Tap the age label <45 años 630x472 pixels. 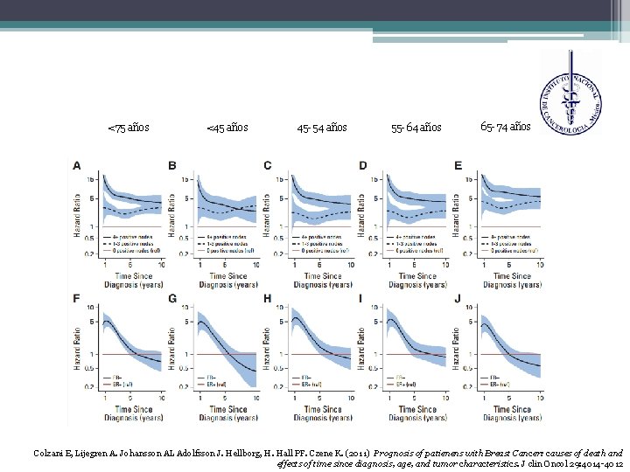coord(227,128)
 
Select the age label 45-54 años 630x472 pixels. coord(322,128)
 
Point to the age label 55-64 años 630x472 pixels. coord(416,128)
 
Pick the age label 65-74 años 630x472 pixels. coord(505,127)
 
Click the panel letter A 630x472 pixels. coord(77,164)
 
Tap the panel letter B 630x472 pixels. coord(171,164)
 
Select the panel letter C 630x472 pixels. coord(267,164)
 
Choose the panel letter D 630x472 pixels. coord(363,164)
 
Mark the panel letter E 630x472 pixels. coord(458,164)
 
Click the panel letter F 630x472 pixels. coord(77,300)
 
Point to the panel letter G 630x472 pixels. coord(172,300)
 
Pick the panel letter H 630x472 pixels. coord(267,300)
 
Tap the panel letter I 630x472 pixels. coord(362,300)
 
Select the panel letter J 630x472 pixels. coord(458,300)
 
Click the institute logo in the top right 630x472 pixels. coord(570,87)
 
